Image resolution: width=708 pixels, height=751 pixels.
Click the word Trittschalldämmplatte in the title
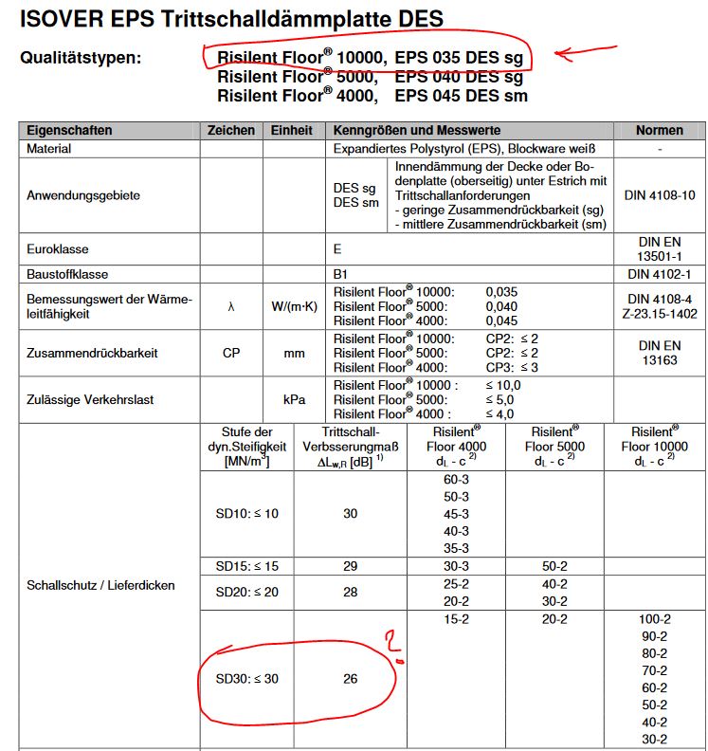click(275, 19)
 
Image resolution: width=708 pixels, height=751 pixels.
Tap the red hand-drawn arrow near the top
click(579, 53)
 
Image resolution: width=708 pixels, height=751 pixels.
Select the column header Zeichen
click(230, 130)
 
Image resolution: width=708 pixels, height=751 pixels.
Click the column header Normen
click(659, 130)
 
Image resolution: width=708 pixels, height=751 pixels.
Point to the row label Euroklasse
click(58, 248)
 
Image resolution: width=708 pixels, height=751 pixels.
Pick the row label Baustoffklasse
click(65, 274)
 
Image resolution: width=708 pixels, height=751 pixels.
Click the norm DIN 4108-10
click(660, 195)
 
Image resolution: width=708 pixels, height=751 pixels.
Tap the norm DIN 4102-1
click(660, 274)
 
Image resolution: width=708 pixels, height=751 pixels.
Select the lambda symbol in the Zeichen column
click(230, 306)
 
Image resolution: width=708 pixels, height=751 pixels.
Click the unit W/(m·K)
click(293, 306)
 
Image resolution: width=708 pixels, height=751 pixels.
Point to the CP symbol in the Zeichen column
click(230, 353)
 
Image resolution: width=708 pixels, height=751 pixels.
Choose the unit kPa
click(293, 399)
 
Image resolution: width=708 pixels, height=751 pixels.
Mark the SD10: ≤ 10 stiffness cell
click(246, 514)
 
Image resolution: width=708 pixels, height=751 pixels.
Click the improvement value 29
click(350, 565)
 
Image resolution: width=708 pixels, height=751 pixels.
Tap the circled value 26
click(350, 679)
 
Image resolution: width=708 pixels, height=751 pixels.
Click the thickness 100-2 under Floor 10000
click(655, 619)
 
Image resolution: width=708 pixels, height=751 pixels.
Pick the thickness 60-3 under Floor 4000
click(456, 481)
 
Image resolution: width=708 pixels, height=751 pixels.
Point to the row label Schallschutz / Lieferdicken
click(100, 585)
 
